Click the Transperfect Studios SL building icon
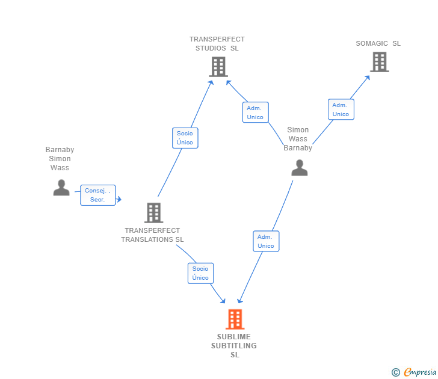[x=218, y=67]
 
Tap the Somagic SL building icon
[x=379, y=62]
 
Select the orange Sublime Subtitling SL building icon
[x=235, y=319]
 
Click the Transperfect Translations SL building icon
[x=153, y=212]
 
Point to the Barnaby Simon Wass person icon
[x=61, y=188]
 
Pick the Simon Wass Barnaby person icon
[x=299, y=168]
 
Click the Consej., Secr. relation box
[x=97, y=195]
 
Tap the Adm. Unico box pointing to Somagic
[x=341, y=109]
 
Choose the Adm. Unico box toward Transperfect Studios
[x=255, y=112]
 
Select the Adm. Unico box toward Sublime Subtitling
[x=266, y=241]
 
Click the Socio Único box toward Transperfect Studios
[x=185, y=138]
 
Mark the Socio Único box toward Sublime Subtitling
[x=200, y=273]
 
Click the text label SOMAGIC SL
[x=378, y=43]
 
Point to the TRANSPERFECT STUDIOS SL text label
[x=217, y=44]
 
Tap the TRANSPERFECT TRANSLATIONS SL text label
[x=152, y=235]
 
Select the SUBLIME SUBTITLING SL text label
[x=234, y=346]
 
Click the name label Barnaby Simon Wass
[x=60, y=159]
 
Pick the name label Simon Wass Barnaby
[x=298, y=139]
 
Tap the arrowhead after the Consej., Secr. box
[x=119, y=199]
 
